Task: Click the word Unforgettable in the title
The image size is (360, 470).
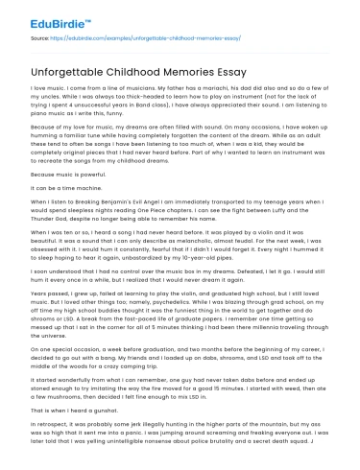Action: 77,65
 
